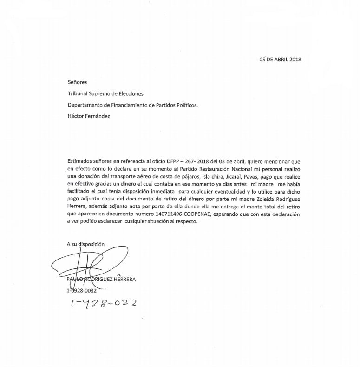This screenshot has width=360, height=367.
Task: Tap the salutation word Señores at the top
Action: [x=77, y=82]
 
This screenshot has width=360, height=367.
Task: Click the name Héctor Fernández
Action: [x=89, y=116]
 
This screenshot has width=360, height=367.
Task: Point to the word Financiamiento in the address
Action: [x=127, y=105]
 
